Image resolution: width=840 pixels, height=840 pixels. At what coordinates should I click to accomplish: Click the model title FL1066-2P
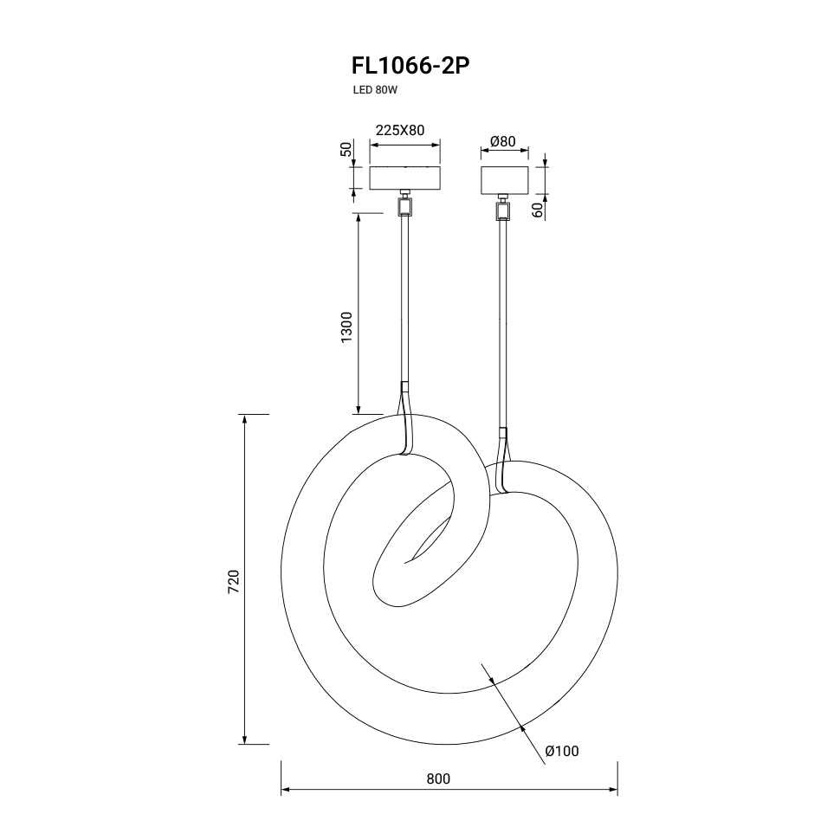(410, 66)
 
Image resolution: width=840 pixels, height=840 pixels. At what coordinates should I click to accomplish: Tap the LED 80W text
(375, 90)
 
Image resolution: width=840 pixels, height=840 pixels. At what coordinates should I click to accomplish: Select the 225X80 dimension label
(399, 130)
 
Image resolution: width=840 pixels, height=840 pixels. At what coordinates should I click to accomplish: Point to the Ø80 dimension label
(502, 141)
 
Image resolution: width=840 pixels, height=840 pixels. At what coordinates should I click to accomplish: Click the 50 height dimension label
(346, 149)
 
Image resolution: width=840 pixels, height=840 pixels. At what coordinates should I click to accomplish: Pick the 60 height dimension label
(537, 210)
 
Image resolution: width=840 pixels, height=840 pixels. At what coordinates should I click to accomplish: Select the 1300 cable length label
(347, 327)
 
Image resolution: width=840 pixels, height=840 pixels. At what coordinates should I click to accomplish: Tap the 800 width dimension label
(438, 779)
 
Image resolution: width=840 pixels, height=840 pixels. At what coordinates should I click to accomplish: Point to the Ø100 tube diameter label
(562, 751)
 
